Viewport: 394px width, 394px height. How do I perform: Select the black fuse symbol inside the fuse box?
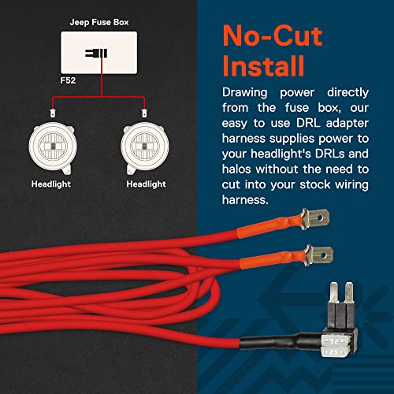(98, 54)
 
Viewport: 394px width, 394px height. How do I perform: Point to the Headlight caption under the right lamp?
(146, 184)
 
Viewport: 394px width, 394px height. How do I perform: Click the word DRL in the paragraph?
(307, 128)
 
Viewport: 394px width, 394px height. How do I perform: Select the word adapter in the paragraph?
(344, 128)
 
